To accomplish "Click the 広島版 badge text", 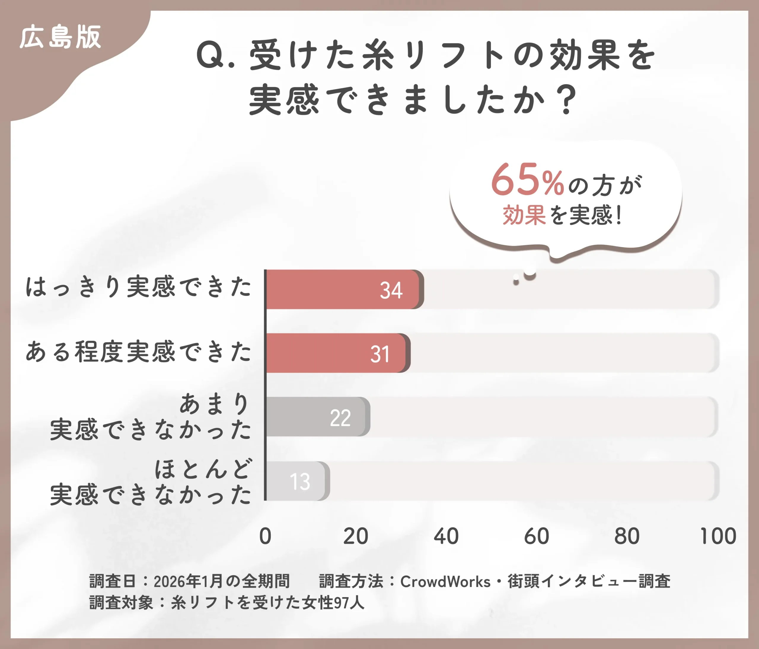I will click(x=60, y=37).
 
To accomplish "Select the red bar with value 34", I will click(x=342, y=290).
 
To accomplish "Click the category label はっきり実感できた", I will click(x=138, y=287).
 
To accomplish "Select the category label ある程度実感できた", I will click(x=138, y=352).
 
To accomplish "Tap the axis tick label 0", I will click(x=265, y=536).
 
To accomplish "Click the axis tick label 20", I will click(x=355, y=536).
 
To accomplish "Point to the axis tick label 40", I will click(x=446, y=536).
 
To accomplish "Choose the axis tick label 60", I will click(x=536, y=536).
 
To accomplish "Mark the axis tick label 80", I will click(x=627, y=536).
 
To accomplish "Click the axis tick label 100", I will click(x=717, y=536).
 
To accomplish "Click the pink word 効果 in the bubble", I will click(x=524, y=215).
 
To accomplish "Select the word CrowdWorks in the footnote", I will click(x=445, y=582).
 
